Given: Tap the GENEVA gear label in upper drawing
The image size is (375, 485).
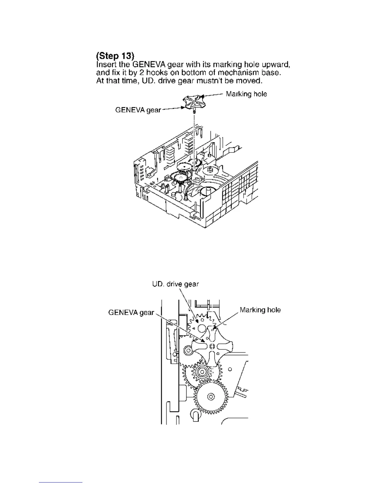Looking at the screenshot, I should [x=138, y=110].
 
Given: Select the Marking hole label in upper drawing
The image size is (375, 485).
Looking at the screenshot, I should [x=246, y=94].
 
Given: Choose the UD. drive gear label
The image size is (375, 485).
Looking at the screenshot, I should [x=176, y=284].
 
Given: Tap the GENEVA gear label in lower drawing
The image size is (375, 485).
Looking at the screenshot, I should [x=131, y=313].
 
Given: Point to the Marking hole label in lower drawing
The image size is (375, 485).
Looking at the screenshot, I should [x=260, y=310].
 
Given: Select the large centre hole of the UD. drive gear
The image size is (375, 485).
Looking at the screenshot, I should [x=201, y=329].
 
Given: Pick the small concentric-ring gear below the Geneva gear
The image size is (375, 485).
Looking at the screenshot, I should [x=202, y=372].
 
